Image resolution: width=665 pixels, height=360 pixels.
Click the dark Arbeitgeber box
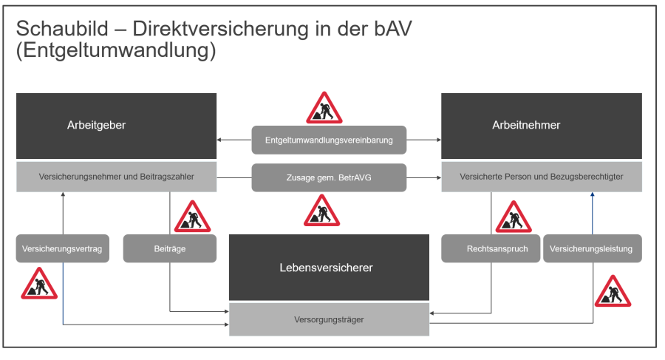click(116, 126)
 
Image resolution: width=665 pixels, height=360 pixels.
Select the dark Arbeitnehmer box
click(541, 126)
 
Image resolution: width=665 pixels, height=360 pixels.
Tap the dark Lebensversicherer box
click(329, 267)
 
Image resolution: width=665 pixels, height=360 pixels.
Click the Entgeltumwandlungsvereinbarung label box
click(329, 140)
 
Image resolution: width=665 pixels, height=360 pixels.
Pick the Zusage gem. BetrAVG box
click(329, 177)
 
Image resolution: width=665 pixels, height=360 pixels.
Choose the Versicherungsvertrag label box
click(63, 248)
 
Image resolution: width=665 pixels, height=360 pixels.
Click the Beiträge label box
click(170, 248)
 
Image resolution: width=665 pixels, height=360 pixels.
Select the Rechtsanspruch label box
click(491, 248)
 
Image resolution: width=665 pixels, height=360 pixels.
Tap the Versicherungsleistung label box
click(593, 248)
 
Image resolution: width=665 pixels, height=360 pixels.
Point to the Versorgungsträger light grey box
click(329, 319)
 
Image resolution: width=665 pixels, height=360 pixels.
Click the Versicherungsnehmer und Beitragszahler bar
click(116, 177)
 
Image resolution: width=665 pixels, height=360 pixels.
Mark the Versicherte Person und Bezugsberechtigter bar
click(541, 177)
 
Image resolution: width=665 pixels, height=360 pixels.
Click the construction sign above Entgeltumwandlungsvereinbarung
click(324, 109)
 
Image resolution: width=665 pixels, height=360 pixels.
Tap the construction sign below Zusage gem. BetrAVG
click(321, 211)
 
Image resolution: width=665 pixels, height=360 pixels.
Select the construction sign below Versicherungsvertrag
click(39, 285)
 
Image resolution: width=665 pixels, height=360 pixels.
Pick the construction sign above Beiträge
click(192, 217)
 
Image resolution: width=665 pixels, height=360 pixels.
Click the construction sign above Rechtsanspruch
click(513, 217)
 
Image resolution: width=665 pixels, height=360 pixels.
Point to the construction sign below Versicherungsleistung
click(613, 292)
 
